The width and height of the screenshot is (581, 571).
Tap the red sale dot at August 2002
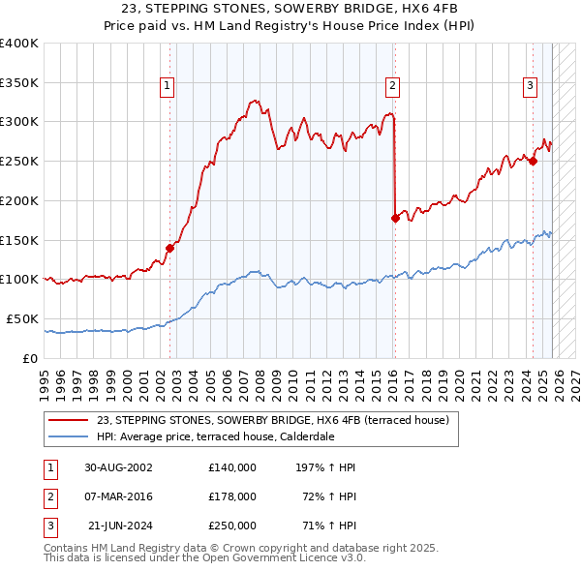coord(169,248)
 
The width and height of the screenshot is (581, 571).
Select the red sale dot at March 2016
coord(395,218)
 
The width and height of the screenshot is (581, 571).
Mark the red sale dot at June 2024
coord(534,162)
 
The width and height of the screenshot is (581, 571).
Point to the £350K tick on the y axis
coord(19,83)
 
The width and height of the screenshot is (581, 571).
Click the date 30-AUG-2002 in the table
coord(117,467)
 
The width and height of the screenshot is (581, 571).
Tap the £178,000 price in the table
coord(231,496)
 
